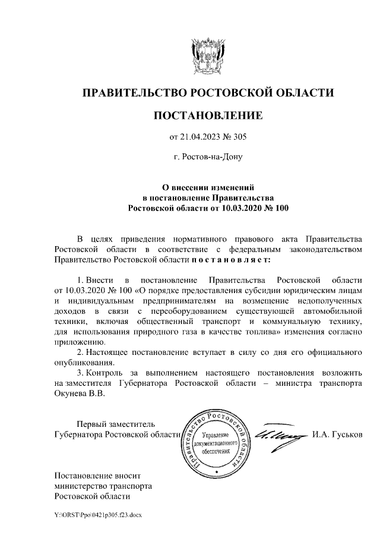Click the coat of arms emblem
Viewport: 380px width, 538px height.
click(207, 54)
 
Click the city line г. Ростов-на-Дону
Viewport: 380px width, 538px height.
click(207, 158)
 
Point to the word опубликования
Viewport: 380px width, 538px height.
click(83, 363)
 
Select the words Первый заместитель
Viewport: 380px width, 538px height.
click(116, 424)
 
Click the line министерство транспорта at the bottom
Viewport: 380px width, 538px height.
click(103, 485)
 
